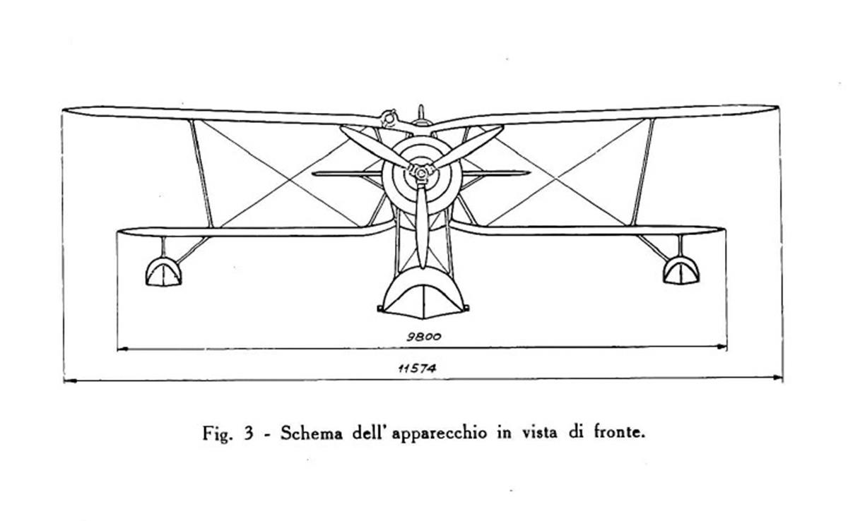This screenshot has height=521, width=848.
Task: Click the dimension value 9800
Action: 424,336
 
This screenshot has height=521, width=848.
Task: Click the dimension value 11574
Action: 417,369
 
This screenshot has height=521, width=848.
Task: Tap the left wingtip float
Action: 163,272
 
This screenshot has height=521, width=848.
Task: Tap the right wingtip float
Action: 681,270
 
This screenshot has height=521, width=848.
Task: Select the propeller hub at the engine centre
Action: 421,173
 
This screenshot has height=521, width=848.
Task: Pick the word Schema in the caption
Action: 311,433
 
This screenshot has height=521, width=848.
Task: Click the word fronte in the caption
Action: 619,432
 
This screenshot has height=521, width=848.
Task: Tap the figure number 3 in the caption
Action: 248,433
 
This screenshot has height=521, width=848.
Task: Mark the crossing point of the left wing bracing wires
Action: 290,180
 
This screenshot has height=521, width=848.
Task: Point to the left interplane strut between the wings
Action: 202,174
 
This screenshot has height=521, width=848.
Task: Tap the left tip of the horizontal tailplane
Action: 313,174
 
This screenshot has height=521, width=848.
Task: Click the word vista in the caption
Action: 539,432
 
